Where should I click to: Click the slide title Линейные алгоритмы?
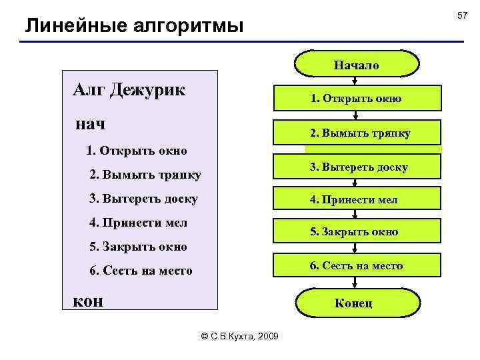(x=134, y=26)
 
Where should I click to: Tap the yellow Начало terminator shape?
(x=357, y=65)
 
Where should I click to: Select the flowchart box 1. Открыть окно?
(x=355, y=99)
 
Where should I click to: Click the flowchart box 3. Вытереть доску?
(x=358, y=167)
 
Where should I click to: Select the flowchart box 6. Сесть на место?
(x=355, y=265)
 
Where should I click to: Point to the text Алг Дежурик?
(x=129, y=89)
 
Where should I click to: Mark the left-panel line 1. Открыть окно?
(x=137, y=151)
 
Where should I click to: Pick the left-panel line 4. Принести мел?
(x=138, y=222)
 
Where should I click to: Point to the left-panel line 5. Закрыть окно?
(x=138, y=247)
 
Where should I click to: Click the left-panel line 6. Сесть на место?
(x=141, y=271)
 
